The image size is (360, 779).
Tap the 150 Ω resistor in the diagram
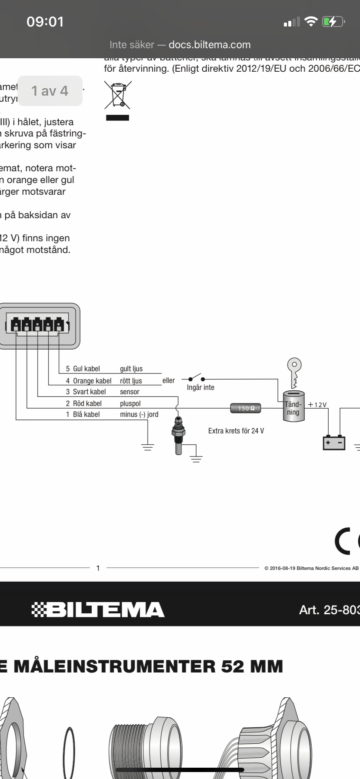246,408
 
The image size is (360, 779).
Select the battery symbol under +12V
334,443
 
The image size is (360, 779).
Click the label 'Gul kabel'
86,369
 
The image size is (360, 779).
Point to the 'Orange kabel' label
92,381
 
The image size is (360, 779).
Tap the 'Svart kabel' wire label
89,392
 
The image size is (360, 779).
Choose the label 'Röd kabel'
87,403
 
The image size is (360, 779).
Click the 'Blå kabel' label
86,414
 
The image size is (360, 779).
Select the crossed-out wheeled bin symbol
117,95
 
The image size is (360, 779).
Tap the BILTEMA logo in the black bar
98,609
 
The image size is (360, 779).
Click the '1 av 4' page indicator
50,91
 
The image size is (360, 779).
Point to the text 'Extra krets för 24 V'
236,431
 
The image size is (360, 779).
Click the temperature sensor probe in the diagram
179,435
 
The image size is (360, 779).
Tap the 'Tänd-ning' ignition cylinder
293,407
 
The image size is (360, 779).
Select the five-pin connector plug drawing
39,326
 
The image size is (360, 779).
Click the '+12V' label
317,405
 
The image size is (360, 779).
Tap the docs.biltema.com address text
210,45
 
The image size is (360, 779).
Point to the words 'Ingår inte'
200,387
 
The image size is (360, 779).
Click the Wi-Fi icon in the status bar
311,22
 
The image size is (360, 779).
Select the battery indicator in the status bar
333,22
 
